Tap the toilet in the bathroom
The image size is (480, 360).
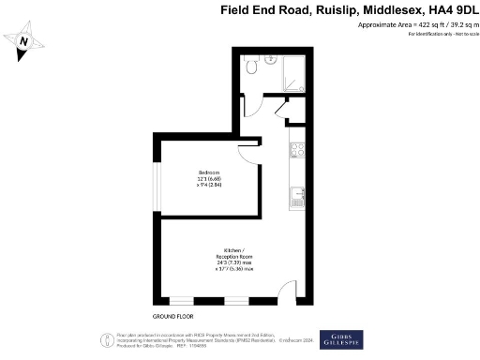click(251, 67)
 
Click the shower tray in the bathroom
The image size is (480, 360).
click(287, 70)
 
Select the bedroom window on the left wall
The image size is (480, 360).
click(157, 178)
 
